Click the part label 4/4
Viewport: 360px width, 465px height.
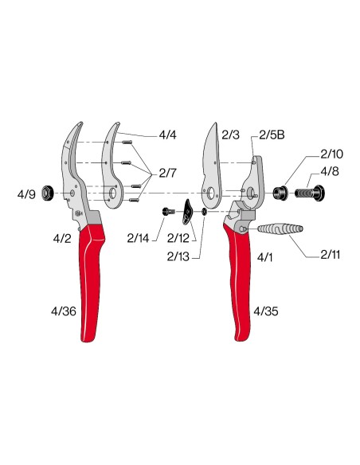[167, 135]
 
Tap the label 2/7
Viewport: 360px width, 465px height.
[167, 174]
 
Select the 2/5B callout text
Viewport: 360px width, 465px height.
[272, 135]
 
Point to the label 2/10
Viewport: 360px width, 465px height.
[331, 154]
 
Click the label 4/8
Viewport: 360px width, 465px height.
[330, 171]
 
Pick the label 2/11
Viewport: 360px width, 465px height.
[330, 255]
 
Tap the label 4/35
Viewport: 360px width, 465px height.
[266, 311]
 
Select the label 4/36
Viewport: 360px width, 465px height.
[64, 311]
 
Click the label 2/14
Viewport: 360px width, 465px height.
[138, 238]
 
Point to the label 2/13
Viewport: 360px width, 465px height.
[178, 256]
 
